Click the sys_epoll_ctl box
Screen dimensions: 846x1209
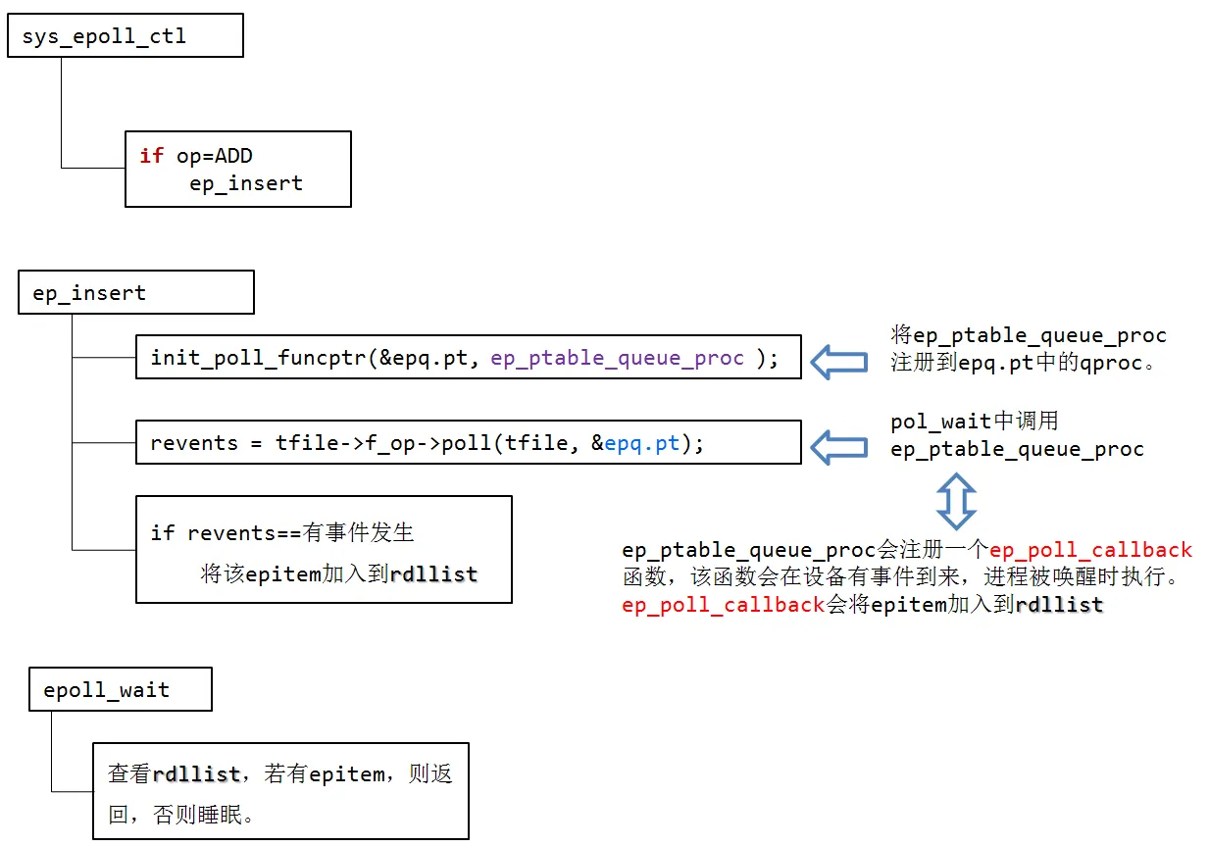125,36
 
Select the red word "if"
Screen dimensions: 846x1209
152,156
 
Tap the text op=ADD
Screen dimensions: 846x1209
215,156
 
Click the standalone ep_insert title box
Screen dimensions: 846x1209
135,293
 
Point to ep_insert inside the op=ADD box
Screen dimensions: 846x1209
246,183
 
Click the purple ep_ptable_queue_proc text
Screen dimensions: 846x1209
618,358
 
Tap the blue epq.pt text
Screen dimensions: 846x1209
641,443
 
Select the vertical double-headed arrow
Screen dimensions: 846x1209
956,501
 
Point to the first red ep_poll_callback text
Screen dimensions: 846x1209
1090,549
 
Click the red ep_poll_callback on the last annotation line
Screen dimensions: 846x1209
724,605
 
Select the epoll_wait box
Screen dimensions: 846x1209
120,690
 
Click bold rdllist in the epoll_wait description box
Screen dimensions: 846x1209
197,774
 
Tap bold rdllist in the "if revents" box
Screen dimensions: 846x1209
433,574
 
